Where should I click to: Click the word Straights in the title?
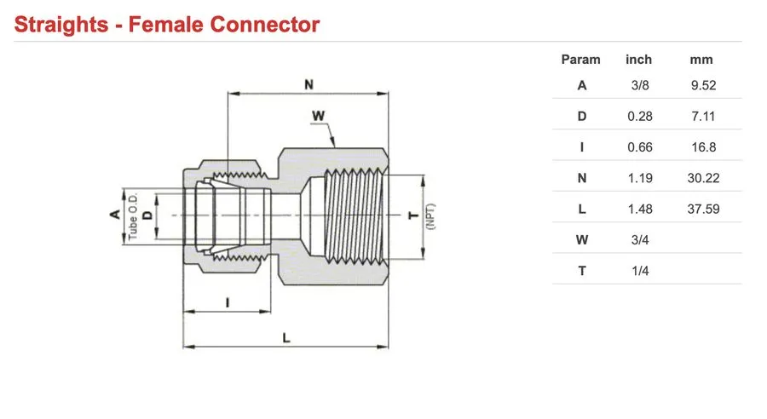(61, 25)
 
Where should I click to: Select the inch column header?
(639, 60)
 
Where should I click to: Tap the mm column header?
(701, 60)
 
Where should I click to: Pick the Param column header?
(580, 60)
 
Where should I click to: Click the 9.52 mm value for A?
(703, 85)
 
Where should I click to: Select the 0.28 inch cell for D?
(640, 117)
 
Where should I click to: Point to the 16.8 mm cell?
(703, 147)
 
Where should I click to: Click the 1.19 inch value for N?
(640, 178)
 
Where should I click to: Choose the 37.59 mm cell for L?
(703, 209)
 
